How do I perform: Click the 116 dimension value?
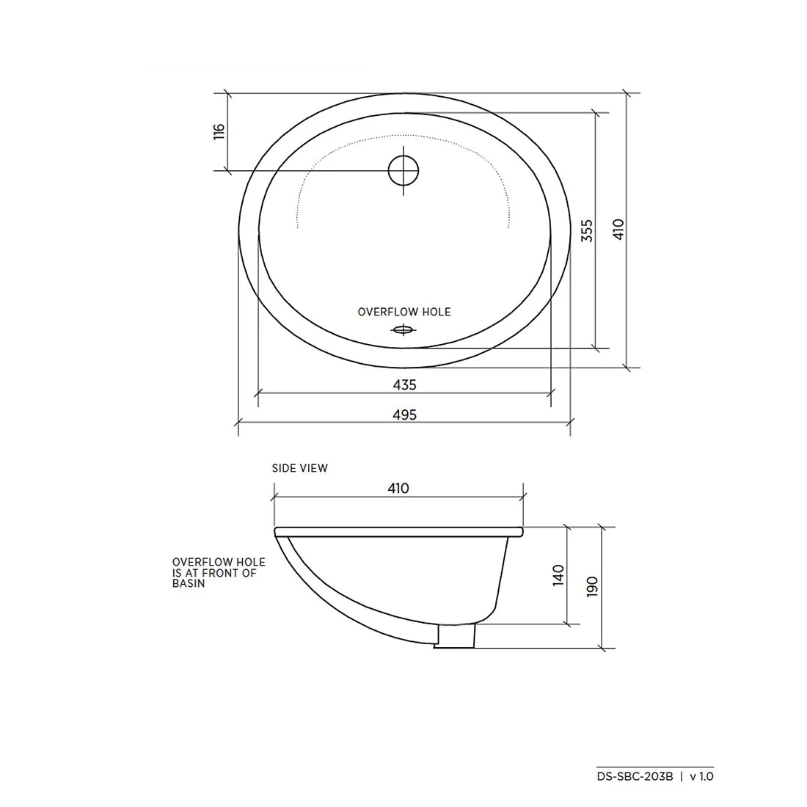pyautogui.click(x=218, y=132)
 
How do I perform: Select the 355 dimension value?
pyautogui.click(x=585, y=230)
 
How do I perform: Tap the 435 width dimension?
pyautogui.click(x=404, y=384)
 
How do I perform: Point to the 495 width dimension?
pyautogui.click(x=404, y=415)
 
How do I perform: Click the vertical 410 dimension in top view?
pyautogui.click(x=618, y=230)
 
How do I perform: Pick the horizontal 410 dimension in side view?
pyautogui.click(x=398, y=488)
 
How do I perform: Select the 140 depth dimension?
pyautogui.click(x=558, y=574)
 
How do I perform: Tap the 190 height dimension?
pyautogui.click(x=592, y=587)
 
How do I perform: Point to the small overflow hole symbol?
pyautogui.click(x=403, y=329)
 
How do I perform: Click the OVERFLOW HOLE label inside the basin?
pyautogui.click(x=404, y=312)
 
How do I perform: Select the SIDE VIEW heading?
pyautogui.click(x=299, y=468)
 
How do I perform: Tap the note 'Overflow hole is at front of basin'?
pyautogui.click(x=218, y=573)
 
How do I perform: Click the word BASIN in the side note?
pyautogui.click(x=189, y=584)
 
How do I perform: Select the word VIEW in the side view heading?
pyautogui.click(x=314, y=468)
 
